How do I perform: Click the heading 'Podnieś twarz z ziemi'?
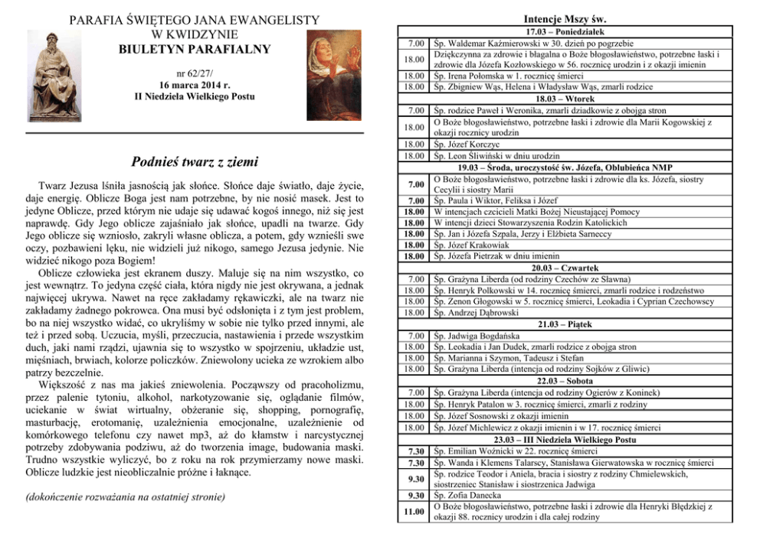click(195, 161)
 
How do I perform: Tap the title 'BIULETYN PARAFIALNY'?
click(195, 50)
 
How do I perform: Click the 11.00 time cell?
click(414, 511)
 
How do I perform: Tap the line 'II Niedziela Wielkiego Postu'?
click(195, 96)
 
